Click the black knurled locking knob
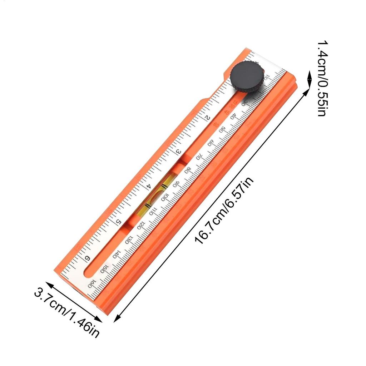246,78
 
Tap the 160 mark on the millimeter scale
92,284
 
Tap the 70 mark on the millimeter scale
199,156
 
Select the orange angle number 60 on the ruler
216,125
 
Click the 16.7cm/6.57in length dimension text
225,212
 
